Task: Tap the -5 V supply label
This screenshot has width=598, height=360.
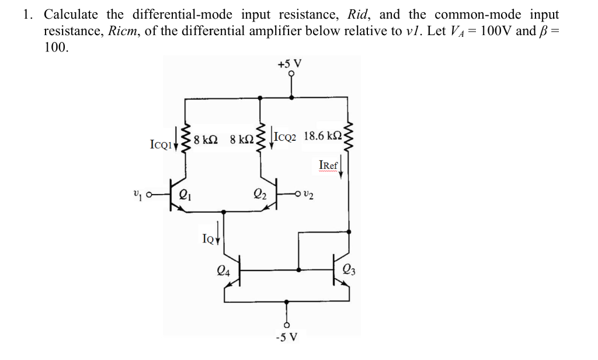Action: point(288,337)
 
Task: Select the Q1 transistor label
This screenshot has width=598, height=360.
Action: point(185,196)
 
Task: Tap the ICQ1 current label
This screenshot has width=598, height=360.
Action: point(161,143)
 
